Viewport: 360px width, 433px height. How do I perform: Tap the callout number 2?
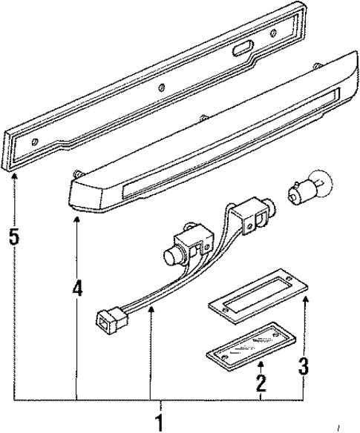[261, 384]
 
